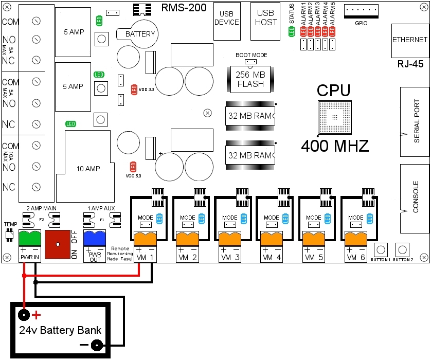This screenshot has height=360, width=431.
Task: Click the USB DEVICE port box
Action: coord(227,21)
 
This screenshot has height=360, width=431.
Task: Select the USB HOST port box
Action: coord(266,21)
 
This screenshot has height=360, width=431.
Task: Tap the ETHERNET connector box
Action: coord(410,40)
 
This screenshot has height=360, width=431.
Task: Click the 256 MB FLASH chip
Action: coord(250,79)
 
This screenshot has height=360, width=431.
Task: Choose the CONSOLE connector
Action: coord(415,196)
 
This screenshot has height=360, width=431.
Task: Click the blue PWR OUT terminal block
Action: coord(95,239)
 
